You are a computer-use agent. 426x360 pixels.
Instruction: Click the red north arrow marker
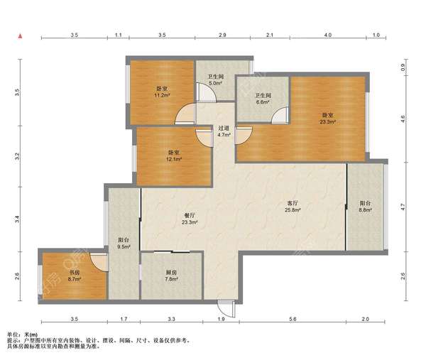[20, 36]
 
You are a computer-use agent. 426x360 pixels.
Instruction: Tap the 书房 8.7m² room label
[74, 276]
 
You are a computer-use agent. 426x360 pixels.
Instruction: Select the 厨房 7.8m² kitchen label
[171, 276]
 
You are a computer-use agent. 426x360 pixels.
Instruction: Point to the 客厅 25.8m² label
[293, 206]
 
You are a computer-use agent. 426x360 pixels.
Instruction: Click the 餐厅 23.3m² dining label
[190, 219]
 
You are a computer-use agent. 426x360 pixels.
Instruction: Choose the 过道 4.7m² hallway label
[224, 131]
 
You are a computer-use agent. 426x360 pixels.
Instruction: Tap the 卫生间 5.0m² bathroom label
[215, 80]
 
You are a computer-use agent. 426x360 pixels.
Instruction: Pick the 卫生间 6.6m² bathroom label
[263, 99]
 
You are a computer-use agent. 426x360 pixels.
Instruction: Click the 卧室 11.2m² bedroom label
[162, 92]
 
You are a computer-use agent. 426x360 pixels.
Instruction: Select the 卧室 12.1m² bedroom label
[174, 156]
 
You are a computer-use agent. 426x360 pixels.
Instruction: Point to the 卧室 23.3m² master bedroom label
[327, 119]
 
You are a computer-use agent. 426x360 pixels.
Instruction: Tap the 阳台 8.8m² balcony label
[365, 206]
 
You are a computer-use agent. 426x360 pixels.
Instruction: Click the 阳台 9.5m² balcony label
[124, 243]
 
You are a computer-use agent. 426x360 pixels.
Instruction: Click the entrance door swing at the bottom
[226, 309]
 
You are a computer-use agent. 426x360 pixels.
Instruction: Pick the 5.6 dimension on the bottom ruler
[293, 319]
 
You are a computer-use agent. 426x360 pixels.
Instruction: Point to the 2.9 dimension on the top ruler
[222, 35]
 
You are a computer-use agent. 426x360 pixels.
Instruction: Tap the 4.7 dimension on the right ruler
[403, 207]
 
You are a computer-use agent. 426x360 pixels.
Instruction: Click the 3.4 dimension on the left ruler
[17, 219]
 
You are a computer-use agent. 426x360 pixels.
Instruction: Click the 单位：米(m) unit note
[22, 334]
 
